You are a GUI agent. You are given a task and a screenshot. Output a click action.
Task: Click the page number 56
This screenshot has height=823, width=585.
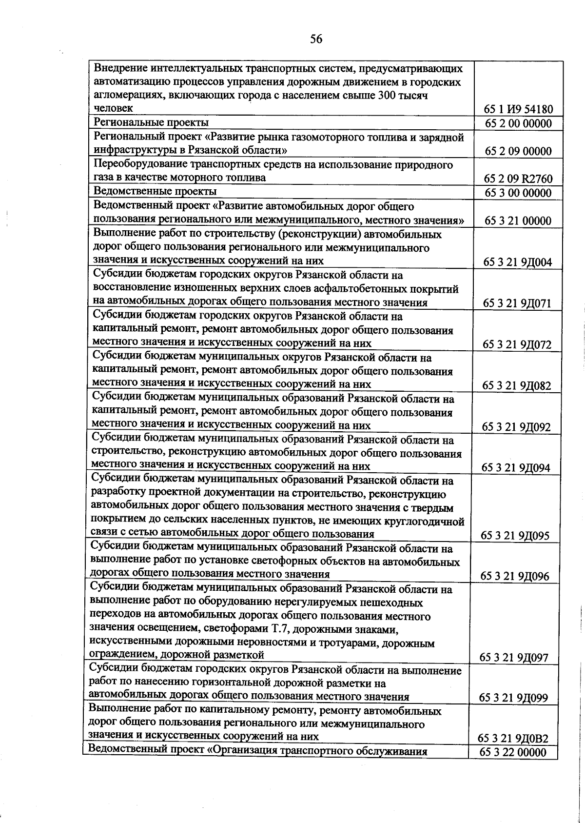(316, 40)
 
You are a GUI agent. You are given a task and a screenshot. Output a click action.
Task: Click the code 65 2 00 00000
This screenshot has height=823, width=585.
(518, 123)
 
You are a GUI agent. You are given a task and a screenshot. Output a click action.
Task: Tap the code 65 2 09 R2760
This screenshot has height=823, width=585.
(518, 179)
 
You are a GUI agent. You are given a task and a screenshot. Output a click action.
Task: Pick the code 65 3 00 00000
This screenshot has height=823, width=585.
(518, 193)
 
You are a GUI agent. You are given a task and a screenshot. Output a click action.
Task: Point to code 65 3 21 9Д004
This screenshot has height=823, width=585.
(517, 262)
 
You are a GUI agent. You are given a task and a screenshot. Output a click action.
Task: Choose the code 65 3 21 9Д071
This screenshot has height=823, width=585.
(517, 303)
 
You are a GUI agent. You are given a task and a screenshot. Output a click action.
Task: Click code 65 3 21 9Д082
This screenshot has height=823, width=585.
(516, 386)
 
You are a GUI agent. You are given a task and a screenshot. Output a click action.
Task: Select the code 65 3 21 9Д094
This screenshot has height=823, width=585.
(516, 468)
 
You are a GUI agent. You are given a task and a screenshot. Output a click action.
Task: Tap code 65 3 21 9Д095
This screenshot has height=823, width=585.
(515, 536)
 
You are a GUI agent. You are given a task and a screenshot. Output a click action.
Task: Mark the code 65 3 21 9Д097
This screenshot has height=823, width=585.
(514, 658)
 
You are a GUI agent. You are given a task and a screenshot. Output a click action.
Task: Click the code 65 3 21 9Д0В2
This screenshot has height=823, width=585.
(513, 739)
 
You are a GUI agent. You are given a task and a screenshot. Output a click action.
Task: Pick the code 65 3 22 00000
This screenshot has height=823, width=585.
(513, 752)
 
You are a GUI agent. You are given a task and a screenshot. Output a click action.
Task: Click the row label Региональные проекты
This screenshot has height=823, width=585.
(151, 122)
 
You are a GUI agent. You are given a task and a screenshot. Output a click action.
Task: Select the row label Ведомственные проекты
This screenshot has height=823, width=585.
(155, 191)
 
